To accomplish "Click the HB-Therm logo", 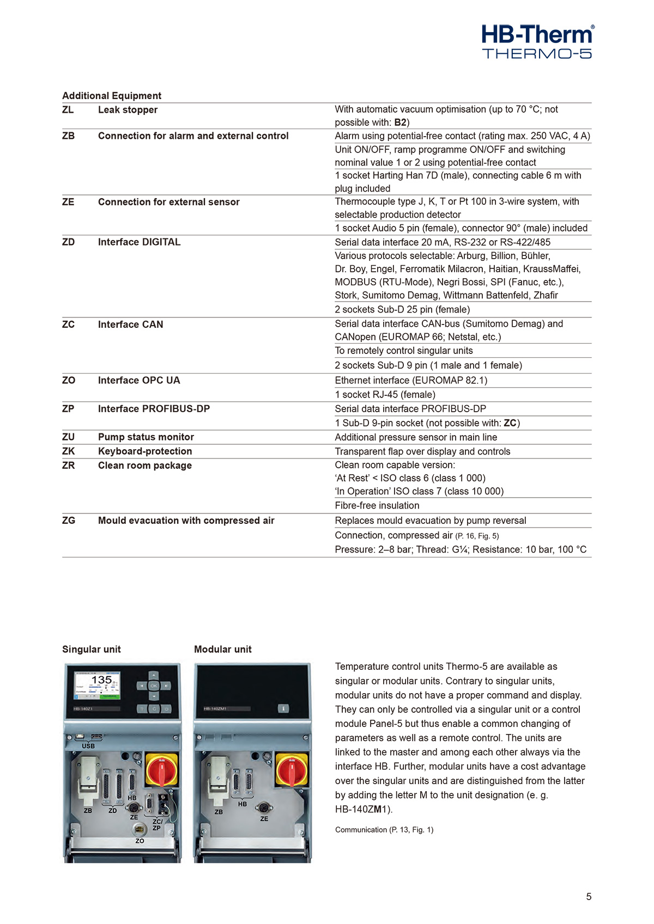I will pyautogui.click(x=537, y=41).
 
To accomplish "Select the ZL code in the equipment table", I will pyautogui.click(x=68, y=109).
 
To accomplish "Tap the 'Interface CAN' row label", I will pyautogui.click(x=130, y=325).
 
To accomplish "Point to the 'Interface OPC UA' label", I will pyautogui.click(x=139, y=380).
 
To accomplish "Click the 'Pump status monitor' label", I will pyautogui.click(x=146, y=437).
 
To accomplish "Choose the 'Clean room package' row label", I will pyautogui.click(x=145, y=465).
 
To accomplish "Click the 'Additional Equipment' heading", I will pyautogui.click(x=112, y=96).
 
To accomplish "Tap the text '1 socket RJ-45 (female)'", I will pyautogui.click(x=385, y=394).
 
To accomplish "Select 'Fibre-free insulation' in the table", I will pyautogui.click(x=377, y=505).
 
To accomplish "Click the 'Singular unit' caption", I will pyautogui.click(x=92, y=649).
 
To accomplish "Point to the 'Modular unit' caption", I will pyautogui.click(x=223, y=649).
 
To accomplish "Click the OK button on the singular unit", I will pyautogui.click(x=154, y=686).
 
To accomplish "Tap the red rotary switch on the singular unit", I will pyautogui.click(x=161, y=769).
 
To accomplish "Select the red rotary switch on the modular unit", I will pyautogui.click(x=292, y=769).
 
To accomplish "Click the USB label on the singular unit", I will pyautogui.click(x=88, y=746).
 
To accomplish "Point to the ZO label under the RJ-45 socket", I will pyautogui.click(x=140, y=841).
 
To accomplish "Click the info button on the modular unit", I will pyautogui.click(x=283, y=708).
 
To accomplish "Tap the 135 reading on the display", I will pyautogui.click(x=101, y=680).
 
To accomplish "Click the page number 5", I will pyautogui.click(x=589, y=896).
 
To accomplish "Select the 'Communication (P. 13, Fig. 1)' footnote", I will pyautogui.click(x=384, y=830).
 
